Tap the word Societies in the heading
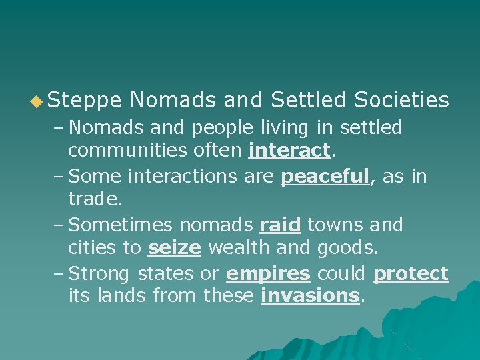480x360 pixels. [401, 100]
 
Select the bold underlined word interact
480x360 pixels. [289, 151]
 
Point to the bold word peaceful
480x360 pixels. [325, 177]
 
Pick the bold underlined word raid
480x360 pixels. [280, 225]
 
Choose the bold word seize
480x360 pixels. [174, 249]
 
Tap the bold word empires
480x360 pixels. [268, 274]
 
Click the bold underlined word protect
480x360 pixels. [411, 274]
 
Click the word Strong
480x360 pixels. [100, 274]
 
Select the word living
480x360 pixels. [299, 127]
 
